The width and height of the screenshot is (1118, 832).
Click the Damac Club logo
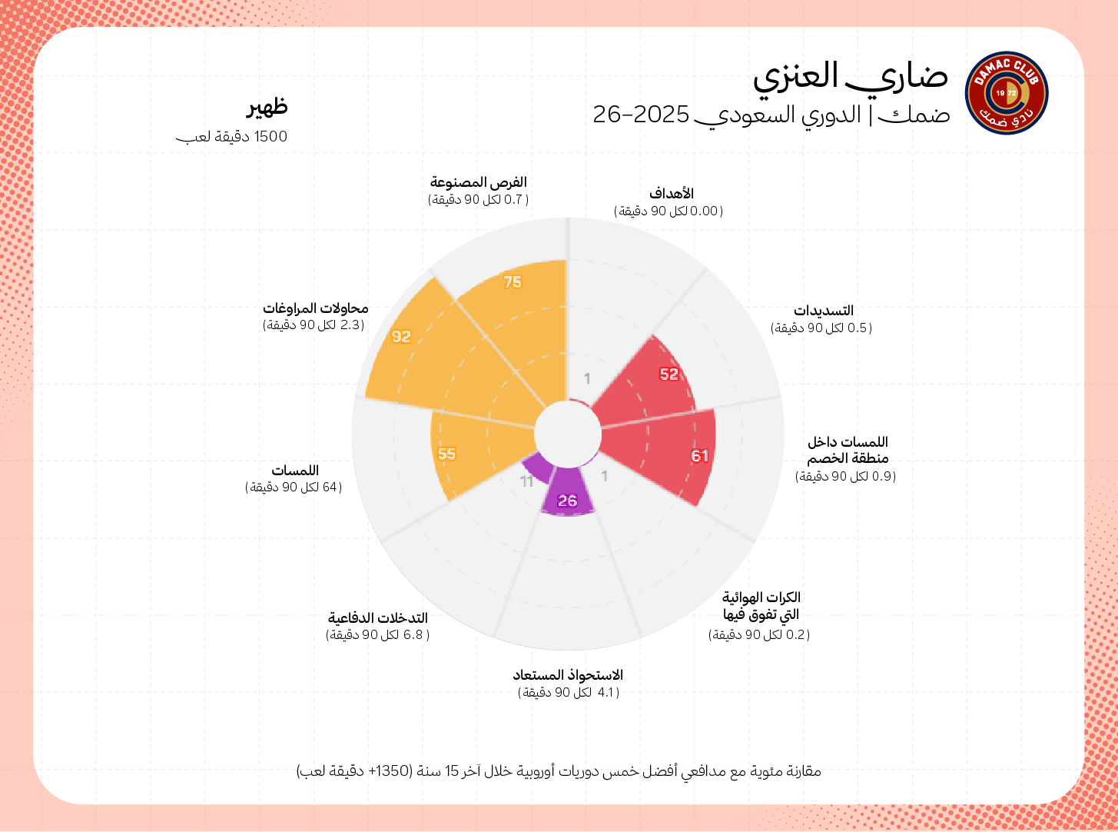pos(1006,93)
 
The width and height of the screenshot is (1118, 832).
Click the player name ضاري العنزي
pos(850,77)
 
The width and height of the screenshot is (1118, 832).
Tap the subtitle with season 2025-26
pos(771,115)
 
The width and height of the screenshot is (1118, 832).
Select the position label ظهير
pos(267,106)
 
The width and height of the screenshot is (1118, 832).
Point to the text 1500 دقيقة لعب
pos(231,137)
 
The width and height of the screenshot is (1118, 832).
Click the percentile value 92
pos(401,337)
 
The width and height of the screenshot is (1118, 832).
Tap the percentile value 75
pos(513,282)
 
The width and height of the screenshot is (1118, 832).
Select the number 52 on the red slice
pos(669,374)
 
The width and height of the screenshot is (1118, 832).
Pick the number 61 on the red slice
pos(699,456)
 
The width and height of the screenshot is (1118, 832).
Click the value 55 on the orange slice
pos(446,454)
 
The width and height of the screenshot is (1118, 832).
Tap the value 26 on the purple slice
pos(567,501)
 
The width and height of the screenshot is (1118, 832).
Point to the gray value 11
pos(527,481)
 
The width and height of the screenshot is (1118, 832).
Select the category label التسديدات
pos(824,311)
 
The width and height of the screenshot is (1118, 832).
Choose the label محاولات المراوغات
pos(316,308)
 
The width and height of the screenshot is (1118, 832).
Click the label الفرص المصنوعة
pos(478,182)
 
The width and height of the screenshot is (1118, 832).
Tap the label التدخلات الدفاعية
pos(378,618)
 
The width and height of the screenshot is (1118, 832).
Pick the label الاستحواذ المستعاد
pos(568,675)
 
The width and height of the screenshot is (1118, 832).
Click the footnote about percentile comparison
pos(559,770)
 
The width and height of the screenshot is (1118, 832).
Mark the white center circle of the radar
pos(568,434)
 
